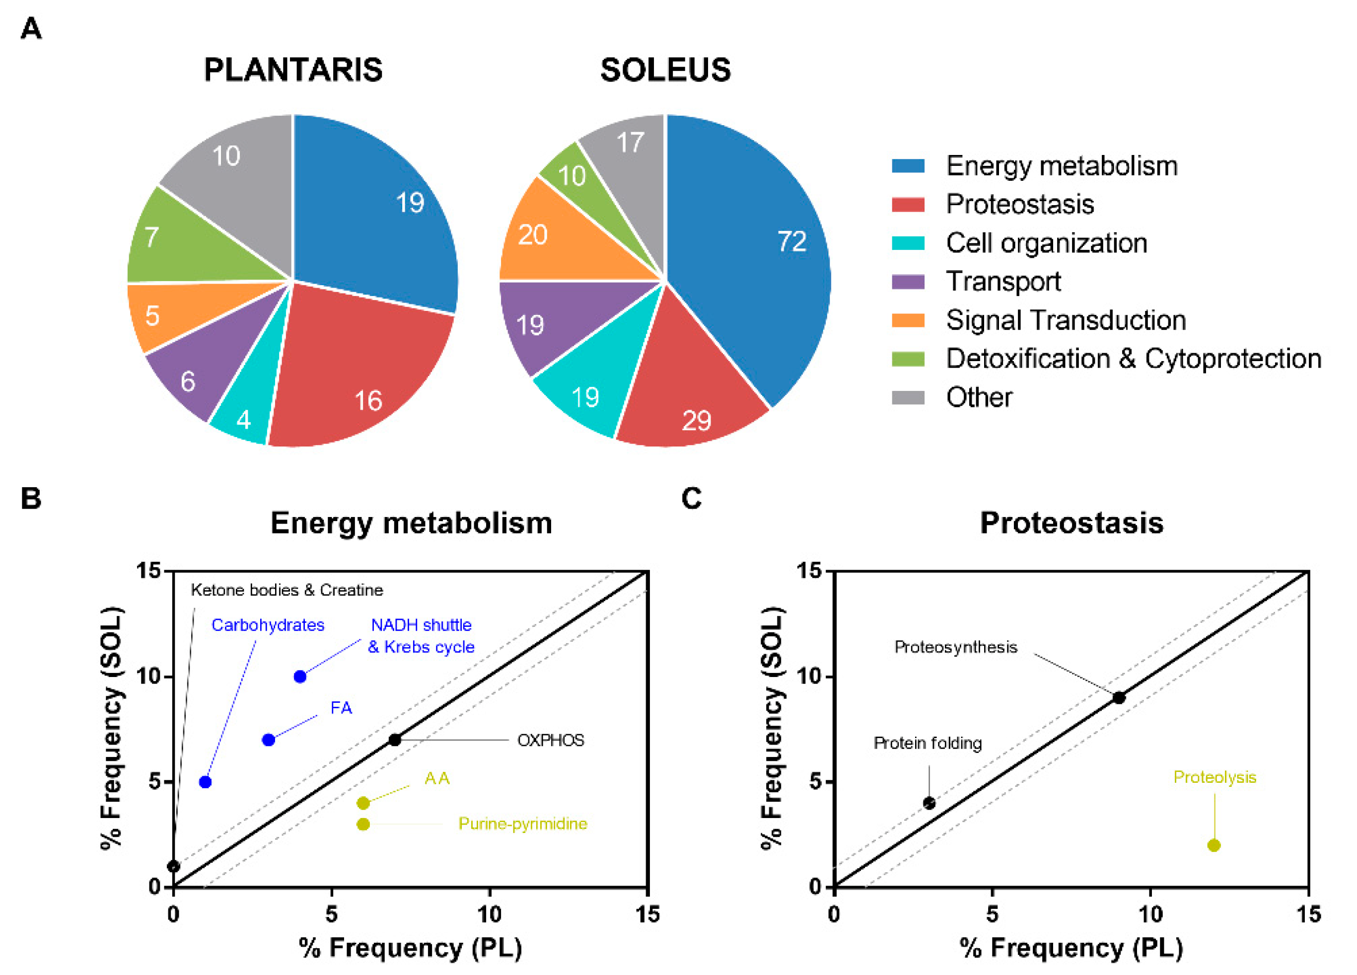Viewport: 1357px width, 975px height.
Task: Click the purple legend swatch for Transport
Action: pyautogui.click(x=908, y=281)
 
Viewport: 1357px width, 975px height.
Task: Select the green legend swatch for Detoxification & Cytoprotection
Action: pyautogui.click(x=908, y=359)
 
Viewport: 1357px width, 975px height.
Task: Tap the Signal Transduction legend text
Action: pyautogui.click(x=1065, y=320)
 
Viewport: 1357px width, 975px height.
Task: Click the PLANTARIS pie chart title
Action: pyautogui.click(x=293, y=70)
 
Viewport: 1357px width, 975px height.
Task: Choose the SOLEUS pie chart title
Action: pyautogui.click(x=665, y=70)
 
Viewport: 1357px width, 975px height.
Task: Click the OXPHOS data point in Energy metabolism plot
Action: pyautogui.click(x=395, y=740)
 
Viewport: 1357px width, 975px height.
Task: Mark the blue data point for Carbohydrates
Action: pyautogui.click(x=205, y=782)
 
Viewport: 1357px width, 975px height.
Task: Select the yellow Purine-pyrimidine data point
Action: pyautogui.click(x=363, y=824)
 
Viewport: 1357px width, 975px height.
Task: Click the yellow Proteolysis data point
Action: pyautogui.click(x=1214, y=845)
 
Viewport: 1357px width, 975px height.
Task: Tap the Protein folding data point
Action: pyautogui.click(x=929, y=803)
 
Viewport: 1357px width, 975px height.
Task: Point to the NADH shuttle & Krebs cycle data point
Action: pyautogui.click(x=300, y=676)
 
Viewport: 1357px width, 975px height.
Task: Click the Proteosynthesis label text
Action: pyautogui.click(x=955, y=647)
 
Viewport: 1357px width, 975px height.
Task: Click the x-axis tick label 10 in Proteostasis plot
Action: pyautogui.click(x=1150, y=914)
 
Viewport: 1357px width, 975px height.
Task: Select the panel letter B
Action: pyautogui.click(x=31, y=498)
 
